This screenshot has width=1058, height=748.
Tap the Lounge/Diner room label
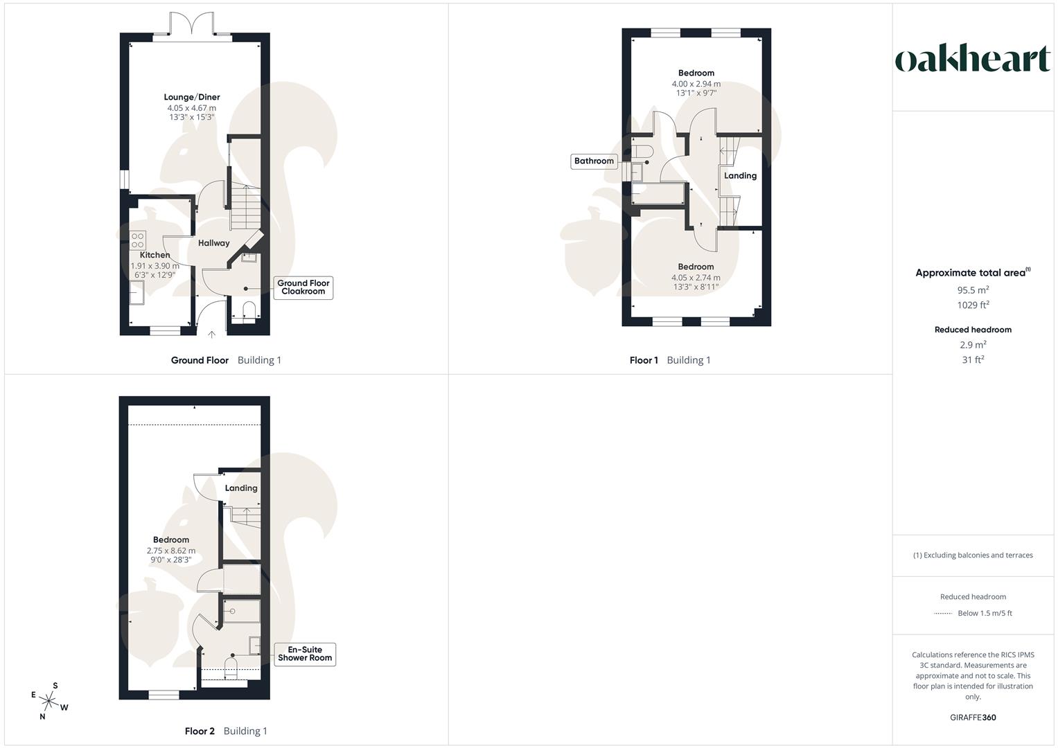192,97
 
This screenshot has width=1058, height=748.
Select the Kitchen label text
155,255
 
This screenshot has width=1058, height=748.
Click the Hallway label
213,243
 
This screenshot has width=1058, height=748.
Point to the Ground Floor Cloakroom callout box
303,287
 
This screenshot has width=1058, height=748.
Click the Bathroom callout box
594,161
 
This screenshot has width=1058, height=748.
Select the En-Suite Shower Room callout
305,654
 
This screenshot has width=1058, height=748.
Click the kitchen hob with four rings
137,240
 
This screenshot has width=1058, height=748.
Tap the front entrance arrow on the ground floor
212,335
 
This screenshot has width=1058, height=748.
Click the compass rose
49,702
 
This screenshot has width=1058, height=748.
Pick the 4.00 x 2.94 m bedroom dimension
696,84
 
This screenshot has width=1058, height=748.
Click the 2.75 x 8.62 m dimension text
171,551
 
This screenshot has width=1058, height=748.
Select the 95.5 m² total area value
973,290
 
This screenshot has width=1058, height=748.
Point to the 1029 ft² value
973,305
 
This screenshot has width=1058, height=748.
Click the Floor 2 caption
200,731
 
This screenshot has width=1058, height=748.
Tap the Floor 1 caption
644,360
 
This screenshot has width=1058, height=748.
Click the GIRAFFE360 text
973,718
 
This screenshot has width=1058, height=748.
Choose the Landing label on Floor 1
740,176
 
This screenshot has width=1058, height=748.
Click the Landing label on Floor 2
241,488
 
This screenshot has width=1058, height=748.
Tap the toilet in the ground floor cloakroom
250,310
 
